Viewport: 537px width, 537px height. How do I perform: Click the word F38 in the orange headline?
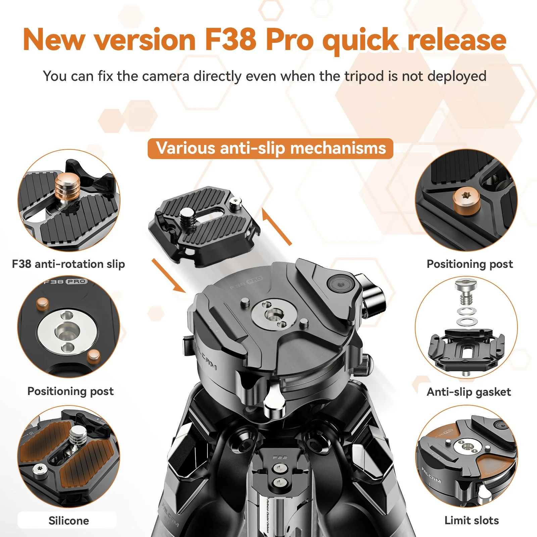(231, 40)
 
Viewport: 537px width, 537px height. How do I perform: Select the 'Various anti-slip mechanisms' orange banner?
(271, 148)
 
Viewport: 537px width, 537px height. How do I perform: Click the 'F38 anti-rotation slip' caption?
(68, 264)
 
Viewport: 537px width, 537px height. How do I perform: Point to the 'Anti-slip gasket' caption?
(469, 392)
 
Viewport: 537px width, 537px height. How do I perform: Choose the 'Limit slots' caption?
(472, 521)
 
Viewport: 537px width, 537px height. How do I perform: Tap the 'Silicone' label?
(69, 521)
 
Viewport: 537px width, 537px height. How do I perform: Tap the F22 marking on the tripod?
(280, 457)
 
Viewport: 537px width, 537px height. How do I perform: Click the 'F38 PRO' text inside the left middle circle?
(66, 282)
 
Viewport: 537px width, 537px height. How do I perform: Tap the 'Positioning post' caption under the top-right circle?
(470, 264)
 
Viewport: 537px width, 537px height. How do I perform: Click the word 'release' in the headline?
(457, 40)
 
